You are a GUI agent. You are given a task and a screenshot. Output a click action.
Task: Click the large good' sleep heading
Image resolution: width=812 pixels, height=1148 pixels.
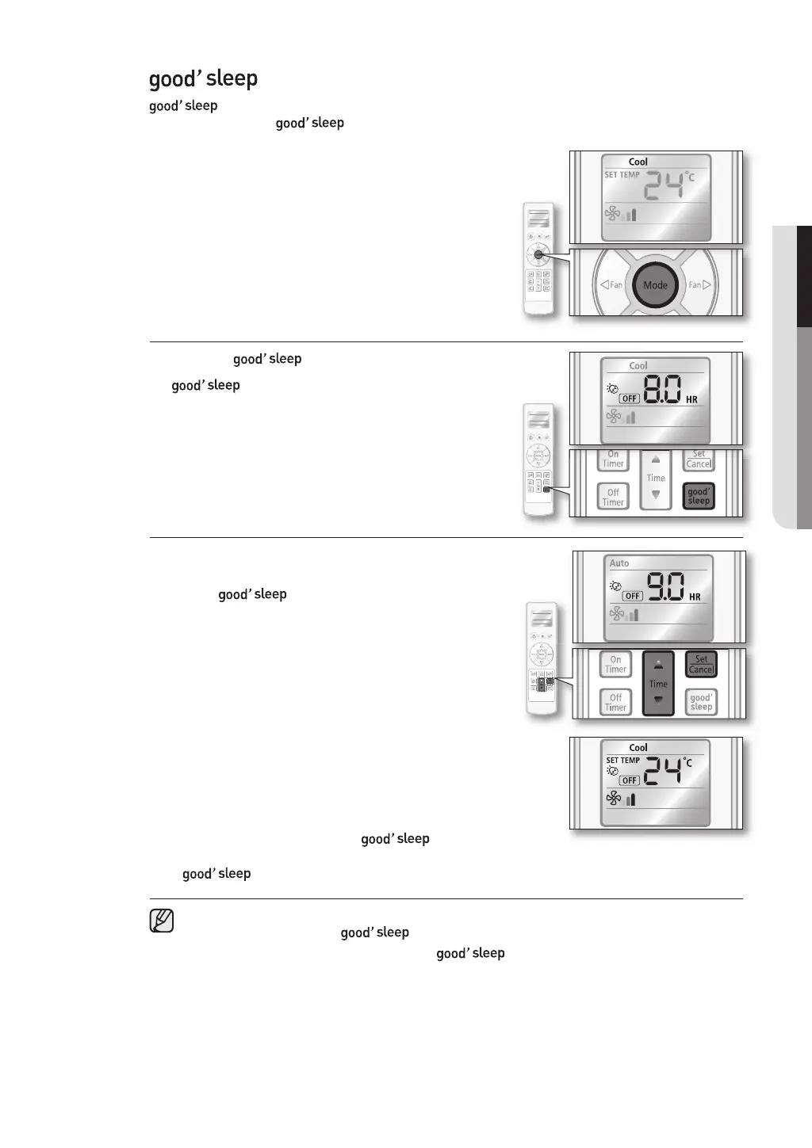pos(204,78)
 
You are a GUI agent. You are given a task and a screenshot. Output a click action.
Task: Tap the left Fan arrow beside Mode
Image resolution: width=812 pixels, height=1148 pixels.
pos(611,285)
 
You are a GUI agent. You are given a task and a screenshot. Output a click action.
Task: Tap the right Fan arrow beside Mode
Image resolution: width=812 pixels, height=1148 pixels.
pos(700,284)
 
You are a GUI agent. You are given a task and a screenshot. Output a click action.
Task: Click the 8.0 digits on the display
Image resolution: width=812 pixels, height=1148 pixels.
pos(661,391)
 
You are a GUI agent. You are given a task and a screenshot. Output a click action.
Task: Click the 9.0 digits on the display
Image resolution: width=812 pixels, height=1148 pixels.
pos(666,588)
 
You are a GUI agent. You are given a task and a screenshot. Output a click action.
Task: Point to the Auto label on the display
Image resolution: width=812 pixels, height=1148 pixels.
pos(619,563)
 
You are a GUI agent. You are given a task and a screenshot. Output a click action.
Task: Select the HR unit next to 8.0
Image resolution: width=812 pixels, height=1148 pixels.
pos(691,400)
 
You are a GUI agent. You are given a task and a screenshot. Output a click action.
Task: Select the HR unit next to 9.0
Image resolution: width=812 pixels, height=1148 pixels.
pos(695,597)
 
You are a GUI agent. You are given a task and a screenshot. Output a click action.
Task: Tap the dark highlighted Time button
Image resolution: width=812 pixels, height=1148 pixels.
pos(658,683)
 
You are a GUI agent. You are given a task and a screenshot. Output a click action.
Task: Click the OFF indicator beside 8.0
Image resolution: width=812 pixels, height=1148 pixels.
pos(629,399)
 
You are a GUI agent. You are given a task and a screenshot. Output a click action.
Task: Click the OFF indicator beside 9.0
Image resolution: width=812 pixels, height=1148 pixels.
pos(632,596)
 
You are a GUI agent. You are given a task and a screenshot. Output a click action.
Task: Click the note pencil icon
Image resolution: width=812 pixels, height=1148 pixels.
pos(161,921)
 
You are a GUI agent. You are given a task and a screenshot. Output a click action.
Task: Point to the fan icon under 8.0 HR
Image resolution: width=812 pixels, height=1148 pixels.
pos(613,417)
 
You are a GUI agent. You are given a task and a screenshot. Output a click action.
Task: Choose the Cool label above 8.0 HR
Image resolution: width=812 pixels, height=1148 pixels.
pos(638,366)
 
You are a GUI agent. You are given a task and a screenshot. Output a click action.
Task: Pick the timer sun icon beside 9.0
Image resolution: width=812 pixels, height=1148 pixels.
pos(615,586)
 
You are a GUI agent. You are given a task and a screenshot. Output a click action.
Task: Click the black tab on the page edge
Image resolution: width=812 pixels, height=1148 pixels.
pos(803,277)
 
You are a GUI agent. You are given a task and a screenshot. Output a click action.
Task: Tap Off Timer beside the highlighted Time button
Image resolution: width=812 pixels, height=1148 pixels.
pos(615,703)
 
